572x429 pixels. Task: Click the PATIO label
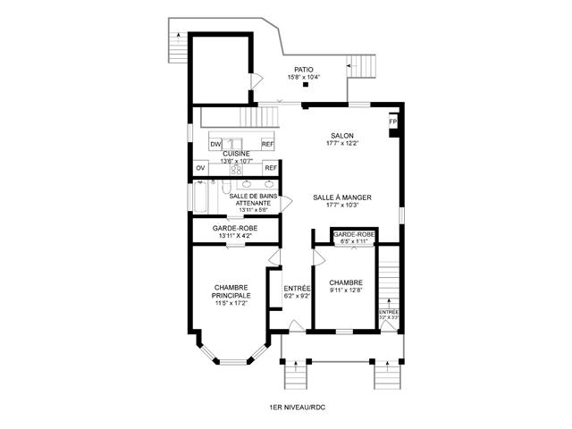coord(304,69)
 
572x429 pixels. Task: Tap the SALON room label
coord(342,135)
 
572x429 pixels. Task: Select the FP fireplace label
coord(392,122)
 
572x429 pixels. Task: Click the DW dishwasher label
coord(215,144)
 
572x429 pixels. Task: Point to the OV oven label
coord(200,167)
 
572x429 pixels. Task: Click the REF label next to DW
coord(267,144)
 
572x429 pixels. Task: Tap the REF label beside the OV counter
coord(270,167)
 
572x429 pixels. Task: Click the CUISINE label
coord(236,154)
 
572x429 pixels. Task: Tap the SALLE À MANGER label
coord(342,198)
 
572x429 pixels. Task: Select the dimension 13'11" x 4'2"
coord(236,236)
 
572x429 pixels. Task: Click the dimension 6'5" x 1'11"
coord(352,240)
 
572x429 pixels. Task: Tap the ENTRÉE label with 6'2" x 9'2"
coord(297,288)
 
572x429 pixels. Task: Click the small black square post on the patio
coord(306,85)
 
